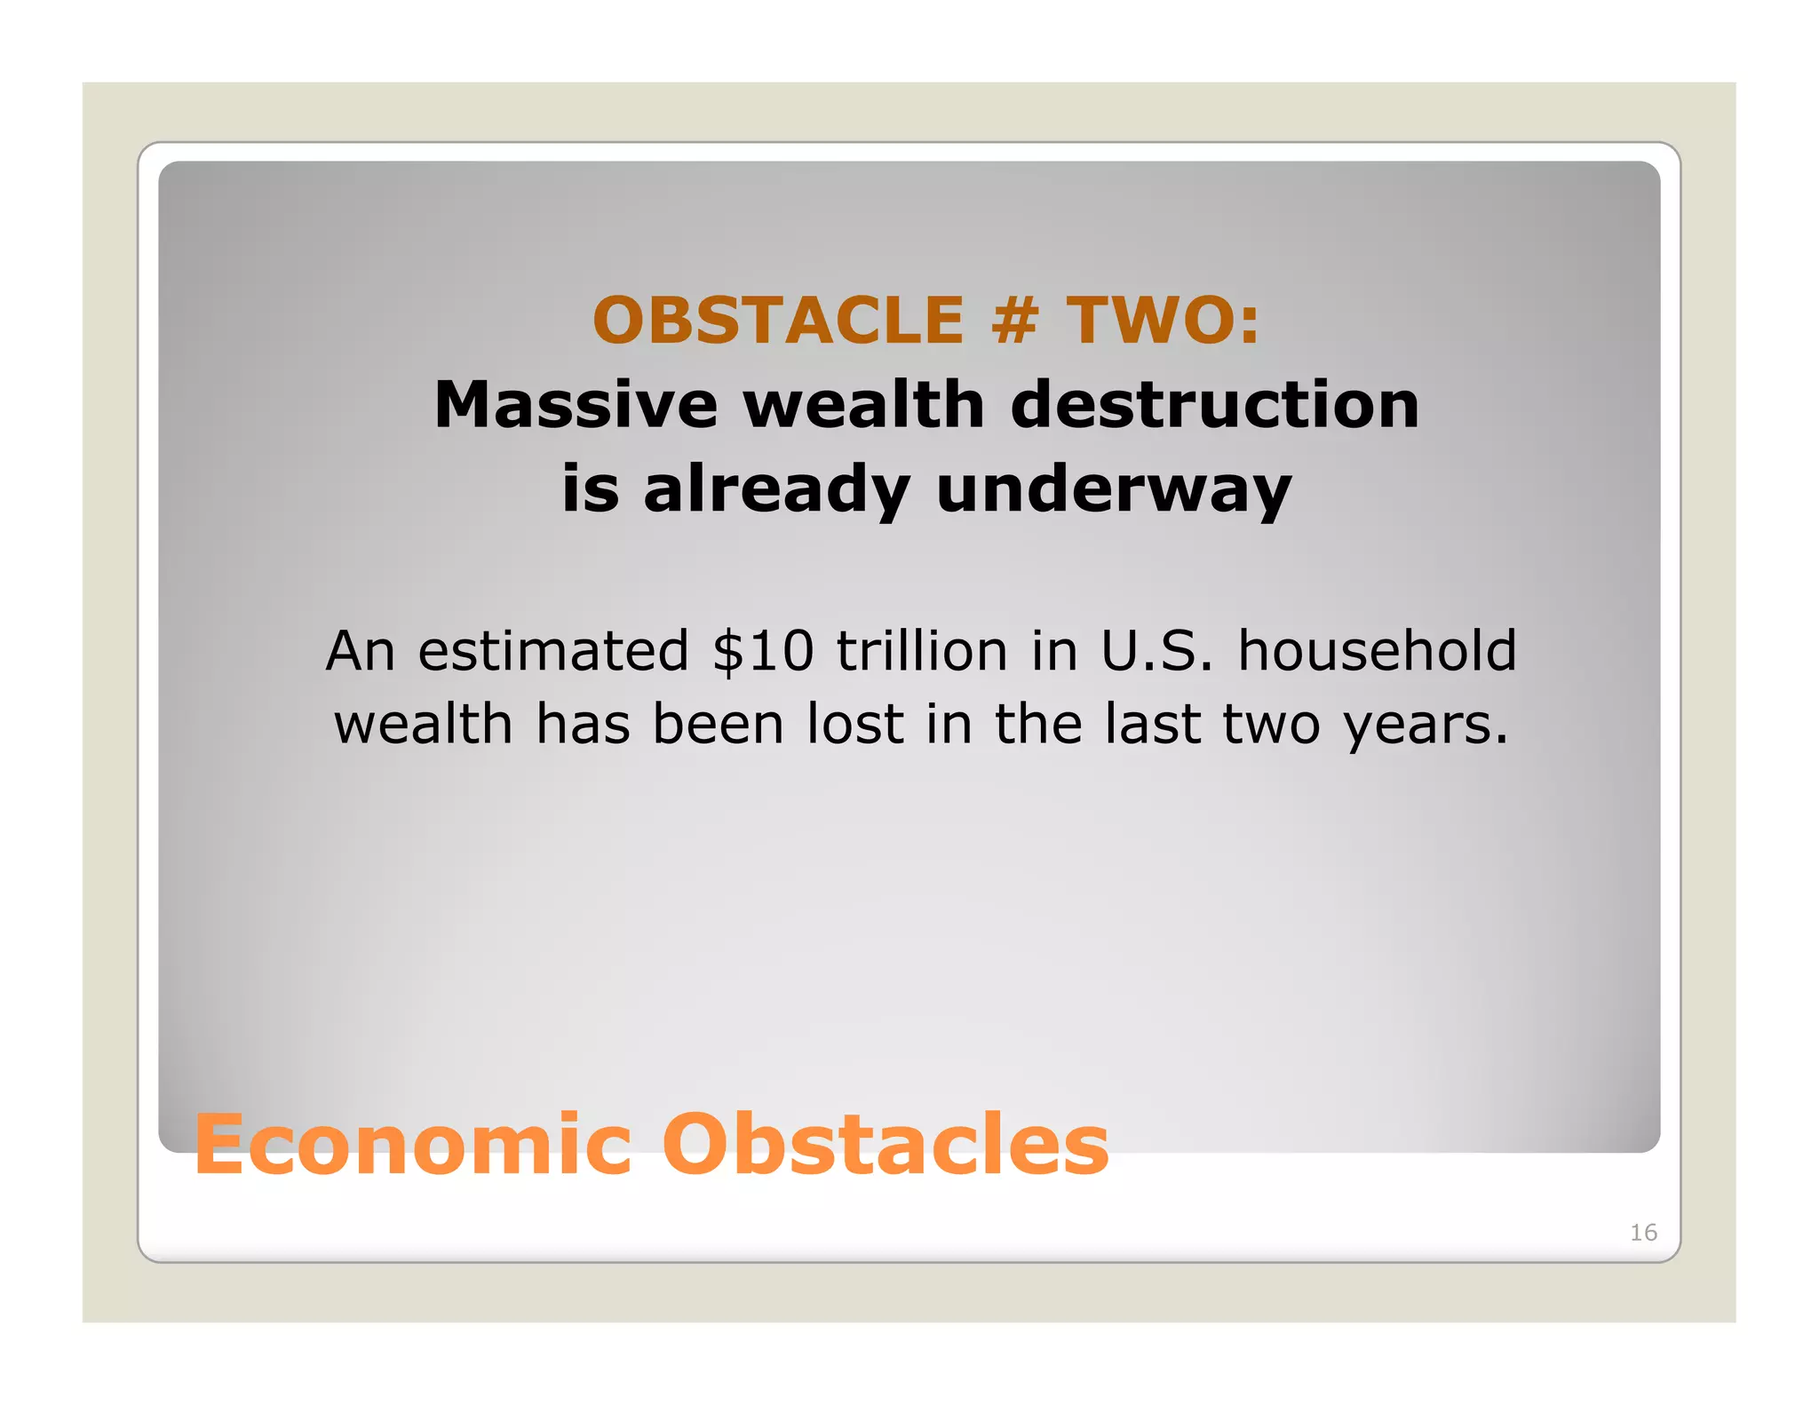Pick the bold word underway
pyautogui.click(x=1113, y=490)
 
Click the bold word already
pyautogui.click(x=776, y=490)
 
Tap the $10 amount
pyautogui.click(x=763, y=651)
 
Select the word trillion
pyautogui.click(x=922, y=651)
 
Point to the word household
pyautogui.click(x=1377, y=651)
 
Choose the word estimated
pyautogui.click(x=553, y=651)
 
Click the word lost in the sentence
pyautogui.click(x=854, y=724)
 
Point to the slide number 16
pyautogui.click(x=1643, y=1232)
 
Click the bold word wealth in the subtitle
pyautogui.click(x=863, y=404)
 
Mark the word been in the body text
pyautogui.click(x=718, y=724)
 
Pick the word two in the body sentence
pyautogui.click(x=1271, y=724)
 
